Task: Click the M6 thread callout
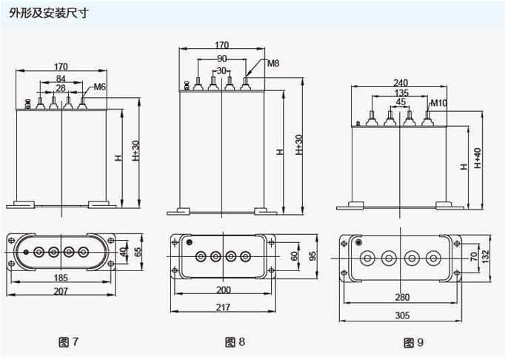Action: tap(100, 88)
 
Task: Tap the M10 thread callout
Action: tap(438, 102)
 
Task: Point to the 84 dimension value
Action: tap(61, 79)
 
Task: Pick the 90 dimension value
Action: tap(222, 59)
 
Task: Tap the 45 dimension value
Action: tap(401, 102)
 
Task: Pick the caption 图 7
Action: tap(68, 341)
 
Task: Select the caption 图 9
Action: tap(412, 342)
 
